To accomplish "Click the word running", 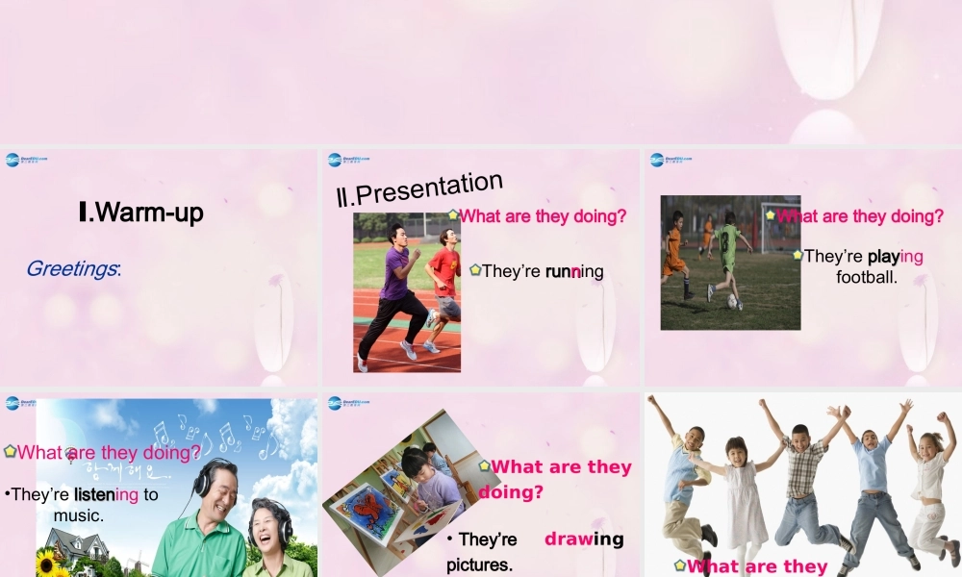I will click(x=574, y=271).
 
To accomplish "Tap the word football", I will click(x=866, y=277).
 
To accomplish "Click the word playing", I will click(x=895, y=256).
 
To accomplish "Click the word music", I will click(x=79, y=515).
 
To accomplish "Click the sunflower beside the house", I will click(x=48, y=563).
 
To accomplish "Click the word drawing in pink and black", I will click(x=584, y=539).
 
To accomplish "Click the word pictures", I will click(x=479, y=564).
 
